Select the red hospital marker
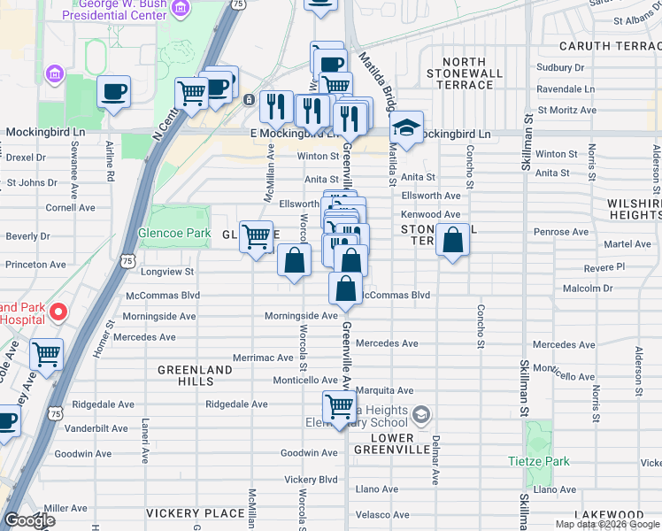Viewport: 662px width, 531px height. [58, 311]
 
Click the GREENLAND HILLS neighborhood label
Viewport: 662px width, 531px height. [186, 374]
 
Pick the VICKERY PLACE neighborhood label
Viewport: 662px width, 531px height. [195, 513]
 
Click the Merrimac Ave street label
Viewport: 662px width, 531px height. [262, 358]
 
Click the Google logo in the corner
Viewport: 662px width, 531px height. [29, 520]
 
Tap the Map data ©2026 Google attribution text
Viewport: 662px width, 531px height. [606, 524]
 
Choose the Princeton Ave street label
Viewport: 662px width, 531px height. [36, 264]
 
